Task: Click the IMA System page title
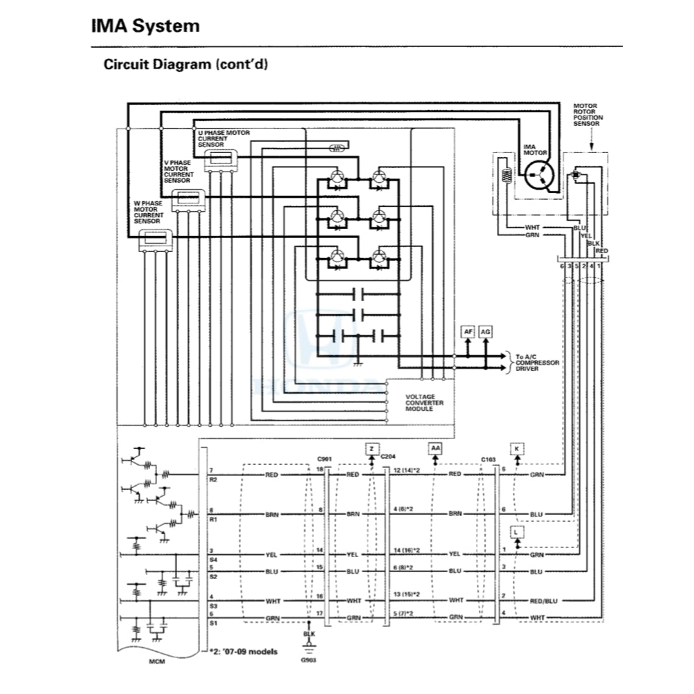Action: (145, 27)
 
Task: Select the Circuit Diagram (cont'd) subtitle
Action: (185, 65)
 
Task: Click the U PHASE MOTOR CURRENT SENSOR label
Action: (223, 138)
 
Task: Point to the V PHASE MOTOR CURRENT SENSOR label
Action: (177, 170)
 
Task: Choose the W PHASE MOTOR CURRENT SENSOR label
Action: (149, 210)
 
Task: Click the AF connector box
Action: (468, 332)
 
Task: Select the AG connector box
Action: (486, 332)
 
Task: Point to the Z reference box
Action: (372, 449)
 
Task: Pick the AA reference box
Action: (435, 449)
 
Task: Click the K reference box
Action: (517, 449)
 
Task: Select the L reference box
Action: (517, 531)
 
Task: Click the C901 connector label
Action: (325, 459)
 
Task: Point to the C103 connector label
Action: (489, 459)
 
